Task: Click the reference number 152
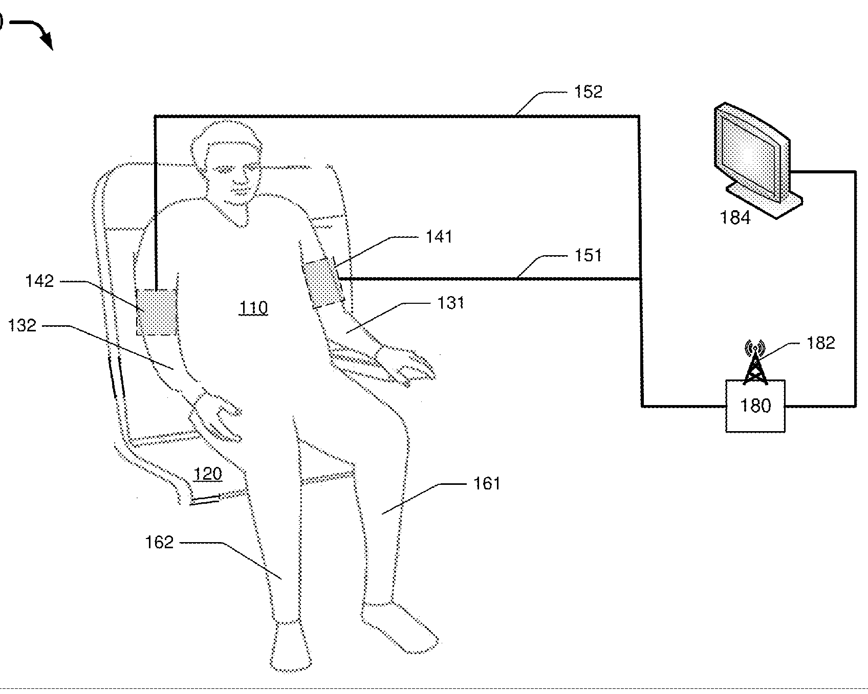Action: click(x=589, y=92)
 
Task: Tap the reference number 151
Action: click(x=589, y=255)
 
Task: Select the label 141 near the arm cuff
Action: click(x=439, y=237)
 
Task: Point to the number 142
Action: click(x=39, y=281)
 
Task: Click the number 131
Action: click(x=451, y=303)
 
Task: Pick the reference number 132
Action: click(x=23, y=325)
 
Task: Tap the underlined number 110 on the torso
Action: click(x=254, y=308)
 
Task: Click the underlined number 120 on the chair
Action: click(x=208, y=474)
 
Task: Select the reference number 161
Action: click(x=486, y=483)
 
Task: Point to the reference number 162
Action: click(x=160, y=542)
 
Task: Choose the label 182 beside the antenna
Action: click(x=820, y=343)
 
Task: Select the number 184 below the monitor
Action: click(x=735, y=218)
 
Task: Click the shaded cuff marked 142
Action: click(x=156, y=312)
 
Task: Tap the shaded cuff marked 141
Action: click(x=322, y=283)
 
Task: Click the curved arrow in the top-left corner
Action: click(x=36, y=32)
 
